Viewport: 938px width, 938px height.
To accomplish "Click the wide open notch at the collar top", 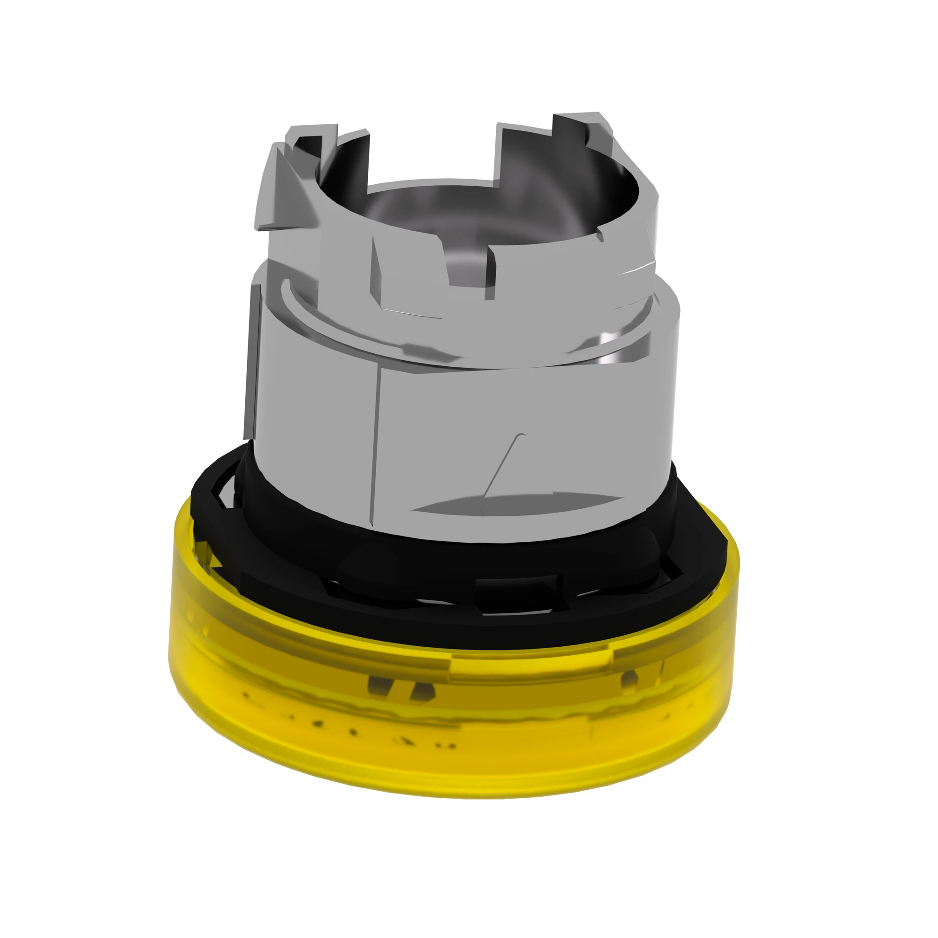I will pos(432,155).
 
